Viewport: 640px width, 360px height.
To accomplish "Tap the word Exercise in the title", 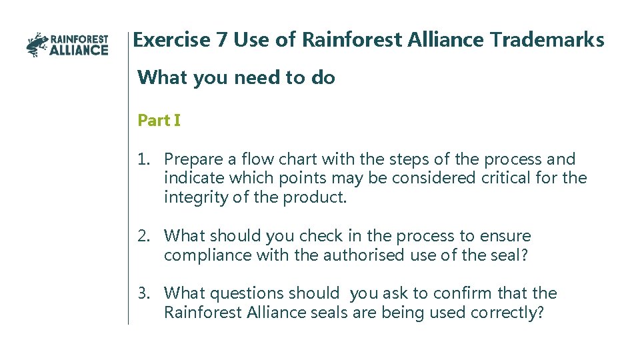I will pyautogui.click(x=171, y=40).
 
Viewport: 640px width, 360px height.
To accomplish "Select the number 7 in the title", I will pyautogui.click(x=222, y=40).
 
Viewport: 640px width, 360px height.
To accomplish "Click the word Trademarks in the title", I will pyautogui.click(x=547, y=40).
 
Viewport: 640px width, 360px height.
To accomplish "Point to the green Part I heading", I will pyautogui.click(x=159, y=121).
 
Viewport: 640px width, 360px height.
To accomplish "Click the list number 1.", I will pyautogui.click(x=143, y=159).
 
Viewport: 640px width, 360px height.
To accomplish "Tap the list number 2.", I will pyautogui.click(x=143, y=236).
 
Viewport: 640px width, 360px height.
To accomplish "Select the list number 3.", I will pyautogui.click(x=143, y=293).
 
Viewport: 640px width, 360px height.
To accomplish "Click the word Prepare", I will pyautogui.click(x=193, y=160).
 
